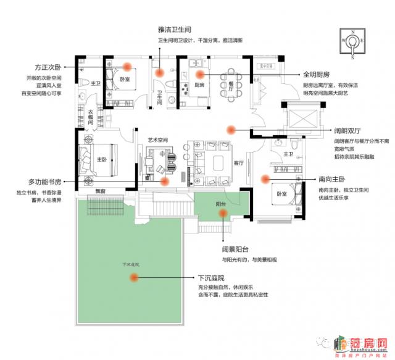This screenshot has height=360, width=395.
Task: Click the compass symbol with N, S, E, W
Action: tap(352, 43)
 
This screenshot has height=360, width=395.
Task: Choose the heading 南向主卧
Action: tap(333, 179)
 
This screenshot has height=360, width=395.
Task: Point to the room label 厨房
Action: tap(199, 85)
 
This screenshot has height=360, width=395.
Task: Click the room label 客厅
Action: tap(240, 163)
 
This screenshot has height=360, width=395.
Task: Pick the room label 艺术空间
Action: tap(158, 140)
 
